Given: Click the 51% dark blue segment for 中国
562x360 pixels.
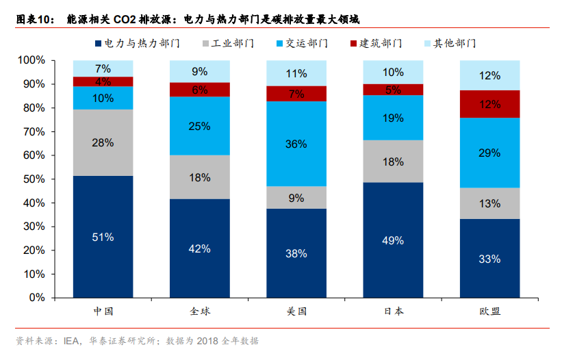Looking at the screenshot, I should pyautogui.click(x=103, y=237).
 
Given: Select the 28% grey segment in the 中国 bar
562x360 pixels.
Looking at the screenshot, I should pyautogui.click(x=103, y=142).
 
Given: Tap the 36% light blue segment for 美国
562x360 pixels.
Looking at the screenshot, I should pyautogui.click(x=296, y=144).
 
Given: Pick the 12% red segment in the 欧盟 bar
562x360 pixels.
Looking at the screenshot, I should pyautogui.click(x=489, y=104).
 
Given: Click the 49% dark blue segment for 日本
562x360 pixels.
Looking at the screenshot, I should pyautogui.click(x=393, y=240).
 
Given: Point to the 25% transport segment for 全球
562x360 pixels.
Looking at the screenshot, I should pyautogui.click(x=200, y=126).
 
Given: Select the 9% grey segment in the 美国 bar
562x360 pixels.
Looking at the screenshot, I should pyautogui.click(x=296, y=198).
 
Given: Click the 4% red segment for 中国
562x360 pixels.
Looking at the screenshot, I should pyautogui.click(x=103, y=81).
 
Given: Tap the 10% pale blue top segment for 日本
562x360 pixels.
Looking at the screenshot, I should pyautogui.click(x=393, y=72).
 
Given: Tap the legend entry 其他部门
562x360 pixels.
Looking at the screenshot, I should pyautogui.click(x=456, y=44).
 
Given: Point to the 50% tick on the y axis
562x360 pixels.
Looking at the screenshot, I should pyautogui.click(x=31, y=179).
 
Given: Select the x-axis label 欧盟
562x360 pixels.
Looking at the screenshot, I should pyautogui.click(x=489, y=311).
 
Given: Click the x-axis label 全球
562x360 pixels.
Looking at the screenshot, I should pyautogui.click(x=200, y=311).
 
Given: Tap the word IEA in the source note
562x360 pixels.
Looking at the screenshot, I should pyautogui.click(x=72, y=340).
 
